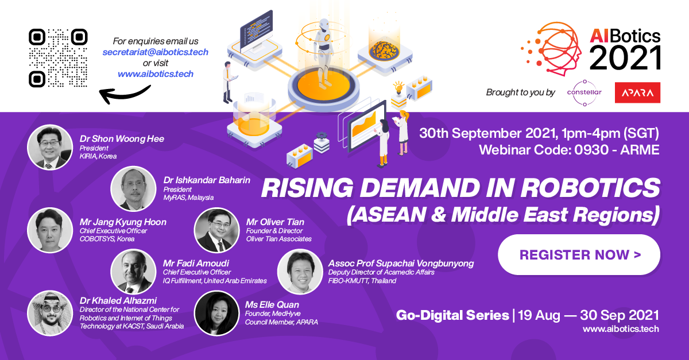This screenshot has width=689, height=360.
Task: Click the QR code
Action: [58, 58]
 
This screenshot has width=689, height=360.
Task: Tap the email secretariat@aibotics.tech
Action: [156, 52]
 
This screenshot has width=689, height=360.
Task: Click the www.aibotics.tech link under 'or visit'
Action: [156, 74]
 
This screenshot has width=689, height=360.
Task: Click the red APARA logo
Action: [637, 92]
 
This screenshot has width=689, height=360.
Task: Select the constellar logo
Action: [585, 92]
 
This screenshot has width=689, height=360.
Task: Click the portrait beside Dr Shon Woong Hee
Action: [50, 148]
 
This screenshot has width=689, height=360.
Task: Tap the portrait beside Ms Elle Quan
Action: [216, 313]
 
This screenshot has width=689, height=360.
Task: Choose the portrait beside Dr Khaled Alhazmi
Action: [50, 313]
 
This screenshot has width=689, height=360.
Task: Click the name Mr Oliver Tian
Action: [275, 222]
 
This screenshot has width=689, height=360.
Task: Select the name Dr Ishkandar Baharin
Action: [207, 180]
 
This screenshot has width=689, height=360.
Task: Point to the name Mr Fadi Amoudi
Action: [196, 263]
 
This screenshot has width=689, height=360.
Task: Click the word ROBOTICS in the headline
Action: [591, 188]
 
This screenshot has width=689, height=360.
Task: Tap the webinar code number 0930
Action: [591, 150]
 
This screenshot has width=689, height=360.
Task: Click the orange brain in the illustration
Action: [384, 51]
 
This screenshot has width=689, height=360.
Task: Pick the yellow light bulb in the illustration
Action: [398, 87]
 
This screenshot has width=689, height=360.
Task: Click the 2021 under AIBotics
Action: [625, 58]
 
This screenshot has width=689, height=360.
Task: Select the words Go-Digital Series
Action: [452, 315]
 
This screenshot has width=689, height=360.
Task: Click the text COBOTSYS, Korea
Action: [107, 239]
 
